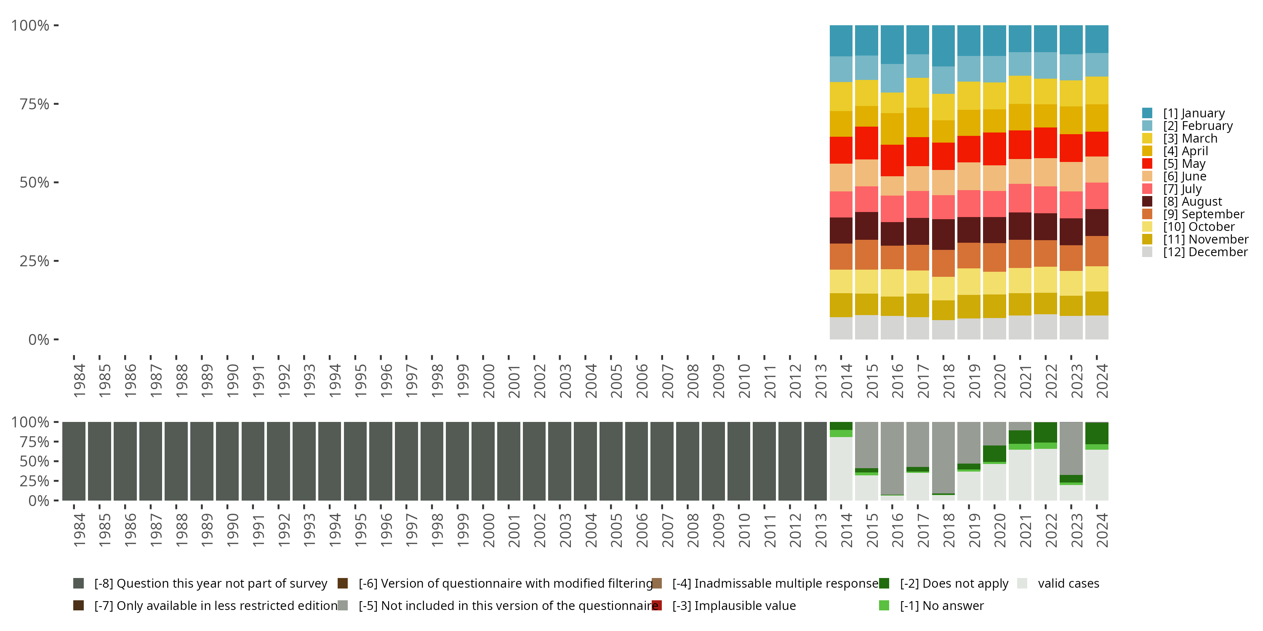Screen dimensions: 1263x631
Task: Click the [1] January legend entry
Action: tap(1183, 113)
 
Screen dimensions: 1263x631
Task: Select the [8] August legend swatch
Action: tap(1147, 201)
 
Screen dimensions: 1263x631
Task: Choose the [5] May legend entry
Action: tap(1173, 164)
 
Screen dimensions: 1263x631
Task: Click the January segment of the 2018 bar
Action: tap(943, 45)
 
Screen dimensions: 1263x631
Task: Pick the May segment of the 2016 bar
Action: tap(892, 160)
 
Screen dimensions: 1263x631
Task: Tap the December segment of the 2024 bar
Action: tap(1097, 327)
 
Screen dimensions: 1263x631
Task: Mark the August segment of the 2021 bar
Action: tap(1020, 226)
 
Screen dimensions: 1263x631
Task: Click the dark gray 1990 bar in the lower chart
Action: tap(227, 461)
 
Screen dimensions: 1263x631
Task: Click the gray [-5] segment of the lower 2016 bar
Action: tap(892, 458)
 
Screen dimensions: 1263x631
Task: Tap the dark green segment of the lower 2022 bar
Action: tap(1045, 432)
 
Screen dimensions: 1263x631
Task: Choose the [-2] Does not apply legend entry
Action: tap(944, 583)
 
